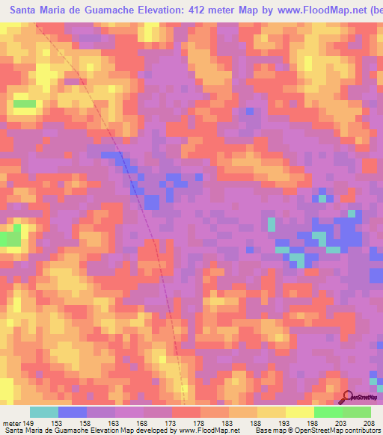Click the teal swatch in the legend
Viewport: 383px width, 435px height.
coord(44,413)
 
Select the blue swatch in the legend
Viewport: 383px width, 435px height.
coord(73,413)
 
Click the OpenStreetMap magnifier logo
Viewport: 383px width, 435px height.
coord(347,396)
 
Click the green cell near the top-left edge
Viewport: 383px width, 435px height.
coord(24,104)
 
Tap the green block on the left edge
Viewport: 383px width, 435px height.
coord(9,238)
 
